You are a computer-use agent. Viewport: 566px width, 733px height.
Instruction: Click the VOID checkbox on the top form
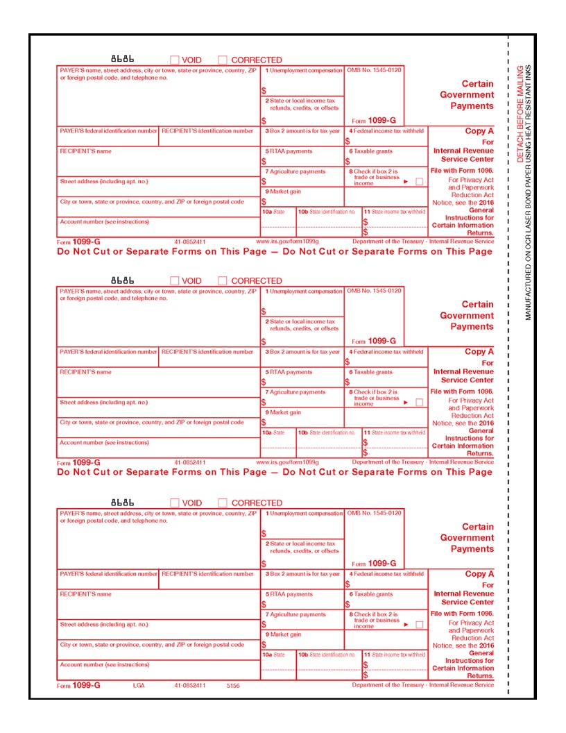175,60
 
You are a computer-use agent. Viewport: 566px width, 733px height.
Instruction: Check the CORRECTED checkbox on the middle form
223,281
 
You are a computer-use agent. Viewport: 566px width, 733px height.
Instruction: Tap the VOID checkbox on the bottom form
175,503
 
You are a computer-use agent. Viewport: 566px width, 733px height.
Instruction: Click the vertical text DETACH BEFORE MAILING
521,115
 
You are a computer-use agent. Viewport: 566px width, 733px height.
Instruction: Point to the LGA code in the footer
139,685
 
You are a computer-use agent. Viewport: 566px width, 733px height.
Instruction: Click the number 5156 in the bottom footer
233,685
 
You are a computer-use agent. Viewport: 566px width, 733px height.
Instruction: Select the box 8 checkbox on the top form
419,181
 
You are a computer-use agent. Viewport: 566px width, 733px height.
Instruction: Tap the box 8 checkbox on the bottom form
419,625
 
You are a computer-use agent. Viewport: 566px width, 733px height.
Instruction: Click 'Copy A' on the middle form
479,352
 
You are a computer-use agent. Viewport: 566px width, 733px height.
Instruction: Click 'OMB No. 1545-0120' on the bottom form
374,513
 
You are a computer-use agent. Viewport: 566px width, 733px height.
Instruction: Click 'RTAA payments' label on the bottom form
289,594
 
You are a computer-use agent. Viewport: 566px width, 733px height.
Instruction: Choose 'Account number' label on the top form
104,221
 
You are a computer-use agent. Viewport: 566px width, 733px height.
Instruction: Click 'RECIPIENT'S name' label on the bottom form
85,594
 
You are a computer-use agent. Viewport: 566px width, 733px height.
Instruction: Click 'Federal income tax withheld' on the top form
386,130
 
